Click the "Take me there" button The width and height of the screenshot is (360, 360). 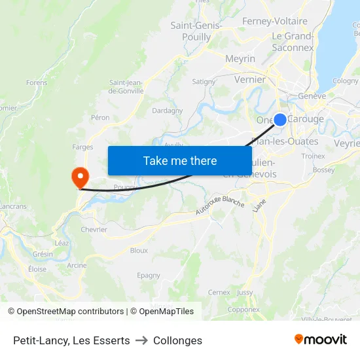pos(180,161)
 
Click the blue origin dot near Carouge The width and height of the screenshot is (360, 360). pos(279,120)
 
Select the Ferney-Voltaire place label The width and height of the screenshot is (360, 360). pos(275,21)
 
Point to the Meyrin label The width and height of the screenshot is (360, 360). pos(240,59)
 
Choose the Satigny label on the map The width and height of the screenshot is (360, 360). pos(204,82)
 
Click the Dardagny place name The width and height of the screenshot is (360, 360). pos(168,111)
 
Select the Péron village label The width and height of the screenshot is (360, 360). pos(100,118)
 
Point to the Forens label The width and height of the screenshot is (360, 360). pos(37,83)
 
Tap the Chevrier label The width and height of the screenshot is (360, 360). pos(94,230)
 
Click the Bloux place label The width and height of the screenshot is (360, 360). pos(139,250)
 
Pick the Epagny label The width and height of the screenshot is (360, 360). pos(149,276)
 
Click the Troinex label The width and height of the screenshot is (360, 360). pos(314,156)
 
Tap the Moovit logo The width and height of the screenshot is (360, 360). pos(321,340)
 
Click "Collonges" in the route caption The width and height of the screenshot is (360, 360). pos(177,340)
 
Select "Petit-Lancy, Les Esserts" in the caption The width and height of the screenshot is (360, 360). pos(71,340)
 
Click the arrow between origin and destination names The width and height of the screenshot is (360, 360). pos(141,340)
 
